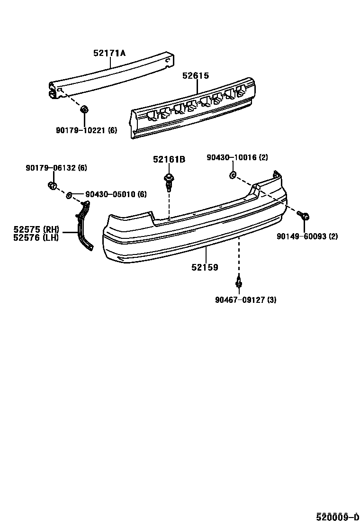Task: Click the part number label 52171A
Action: [109, 54]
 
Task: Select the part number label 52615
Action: [196, 76]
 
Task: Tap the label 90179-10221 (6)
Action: [86, 130]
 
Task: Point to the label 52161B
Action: [169, 160]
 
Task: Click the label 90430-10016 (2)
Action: [237, 158]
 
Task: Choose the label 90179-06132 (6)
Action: [56, 168]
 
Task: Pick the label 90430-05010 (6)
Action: [116, 194]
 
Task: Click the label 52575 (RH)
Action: [33, 230]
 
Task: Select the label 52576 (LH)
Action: [33, 238]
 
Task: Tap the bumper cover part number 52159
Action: [205, 268]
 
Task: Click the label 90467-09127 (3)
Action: [245, 300]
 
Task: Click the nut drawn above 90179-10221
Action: [83, 109]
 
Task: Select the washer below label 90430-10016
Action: [232, 176]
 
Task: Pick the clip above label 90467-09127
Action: [239, 282]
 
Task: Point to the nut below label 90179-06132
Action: [53, 185]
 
